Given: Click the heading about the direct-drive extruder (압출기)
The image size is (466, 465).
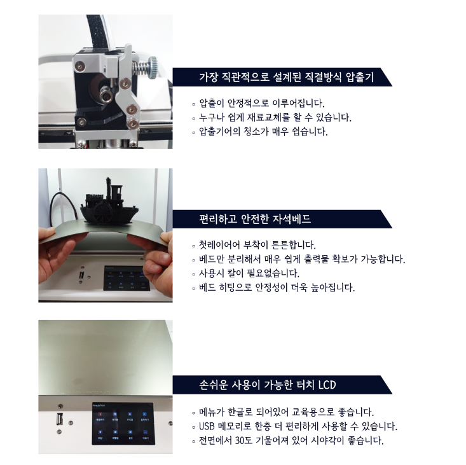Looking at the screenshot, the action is click(286, 78).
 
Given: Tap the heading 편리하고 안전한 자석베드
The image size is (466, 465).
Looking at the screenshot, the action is click(255, 219).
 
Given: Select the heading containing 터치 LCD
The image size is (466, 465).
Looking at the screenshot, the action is click(268, 385).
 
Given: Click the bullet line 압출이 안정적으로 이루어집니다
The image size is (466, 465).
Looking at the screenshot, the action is click(261, 103).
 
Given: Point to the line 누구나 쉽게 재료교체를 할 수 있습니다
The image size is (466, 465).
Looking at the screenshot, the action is click(275, 118).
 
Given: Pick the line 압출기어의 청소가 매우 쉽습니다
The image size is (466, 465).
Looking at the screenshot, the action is click(263, 132).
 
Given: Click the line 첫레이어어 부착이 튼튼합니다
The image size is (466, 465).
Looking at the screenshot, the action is click(257, 245).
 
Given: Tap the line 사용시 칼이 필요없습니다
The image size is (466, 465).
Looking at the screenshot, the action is click(249, 274).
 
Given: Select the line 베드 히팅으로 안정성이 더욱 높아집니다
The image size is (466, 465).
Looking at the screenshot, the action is click(277, 288).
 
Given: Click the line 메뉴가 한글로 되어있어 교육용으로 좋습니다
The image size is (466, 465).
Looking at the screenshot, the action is click(286, 412).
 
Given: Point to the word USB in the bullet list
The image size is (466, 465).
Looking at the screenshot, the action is click(207, 426).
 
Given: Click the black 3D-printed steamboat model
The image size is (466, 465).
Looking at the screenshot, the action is click(109, 204).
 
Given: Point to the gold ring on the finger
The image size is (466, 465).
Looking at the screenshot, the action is click(50, 255).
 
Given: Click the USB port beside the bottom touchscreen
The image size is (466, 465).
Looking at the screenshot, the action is click(59, 420).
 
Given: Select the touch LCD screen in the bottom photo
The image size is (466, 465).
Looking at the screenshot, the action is click(123, 424).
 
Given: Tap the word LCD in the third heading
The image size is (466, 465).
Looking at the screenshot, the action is click(327, 385).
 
